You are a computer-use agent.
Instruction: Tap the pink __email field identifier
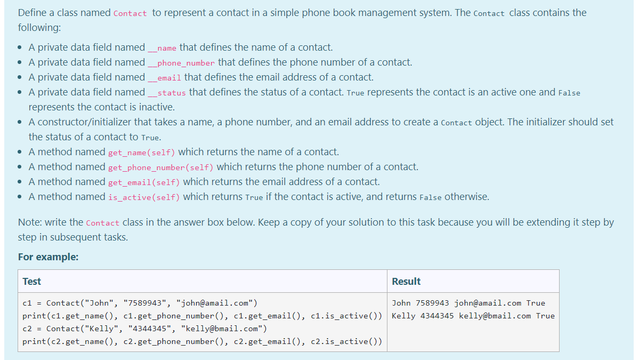165,78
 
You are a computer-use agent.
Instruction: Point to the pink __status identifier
167,93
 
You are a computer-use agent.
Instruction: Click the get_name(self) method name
141,153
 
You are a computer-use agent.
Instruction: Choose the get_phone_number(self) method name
160,167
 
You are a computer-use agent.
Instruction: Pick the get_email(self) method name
144,182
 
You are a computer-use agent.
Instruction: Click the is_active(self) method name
144,197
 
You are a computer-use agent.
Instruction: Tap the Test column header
32,281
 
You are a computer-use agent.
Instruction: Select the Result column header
406,281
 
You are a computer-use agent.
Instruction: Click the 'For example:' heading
48,257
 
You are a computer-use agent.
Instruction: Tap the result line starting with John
468,303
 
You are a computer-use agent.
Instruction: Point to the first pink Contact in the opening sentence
130,13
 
